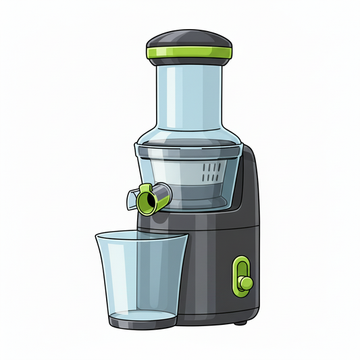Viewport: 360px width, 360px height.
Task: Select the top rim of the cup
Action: pyautogui.click(x=140, y=236)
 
